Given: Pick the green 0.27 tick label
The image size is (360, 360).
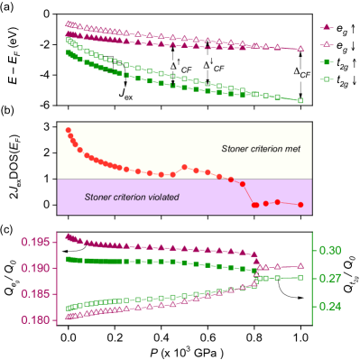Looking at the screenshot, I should pyautogui.click(x=330, y=279).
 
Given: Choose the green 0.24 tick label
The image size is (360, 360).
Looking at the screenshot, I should pyautogui.click(x=330, y=307).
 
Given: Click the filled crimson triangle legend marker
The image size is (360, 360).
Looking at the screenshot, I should pyautogui.click(x=328, y=27).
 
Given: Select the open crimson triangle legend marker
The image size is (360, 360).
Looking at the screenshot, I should pyautogui.click(x=328, y=44).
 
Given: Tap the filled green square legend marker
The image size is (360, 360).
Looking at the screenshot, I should pyautogui.click(x=328, y=62).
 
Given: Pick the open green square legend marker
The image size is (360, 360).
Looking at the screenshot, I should pyautogui.click(x=328, y=79).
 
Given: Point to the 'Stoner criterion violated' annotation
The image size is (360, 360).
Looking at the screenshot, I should pyautogui.click(x=132, y=197).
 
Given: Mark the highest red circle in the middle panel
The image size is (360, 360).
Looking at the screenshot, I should pyautogui.click(x=68, y=131).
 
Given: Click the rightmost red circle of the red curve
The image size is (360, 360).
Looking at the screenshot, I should pyautogui.click(x=300, y=205).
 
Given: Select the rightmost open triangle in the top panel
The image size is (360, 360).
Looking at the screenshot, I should pyautogui.click(x=300, y=48).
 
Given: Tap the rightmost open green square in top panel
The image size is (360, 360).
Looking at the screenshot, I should pyautogui.click(x=300, y=100).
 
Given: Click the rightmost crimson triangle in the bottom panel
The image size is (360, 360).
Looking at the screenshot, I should pyautogui.click(x=300, y=266).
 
